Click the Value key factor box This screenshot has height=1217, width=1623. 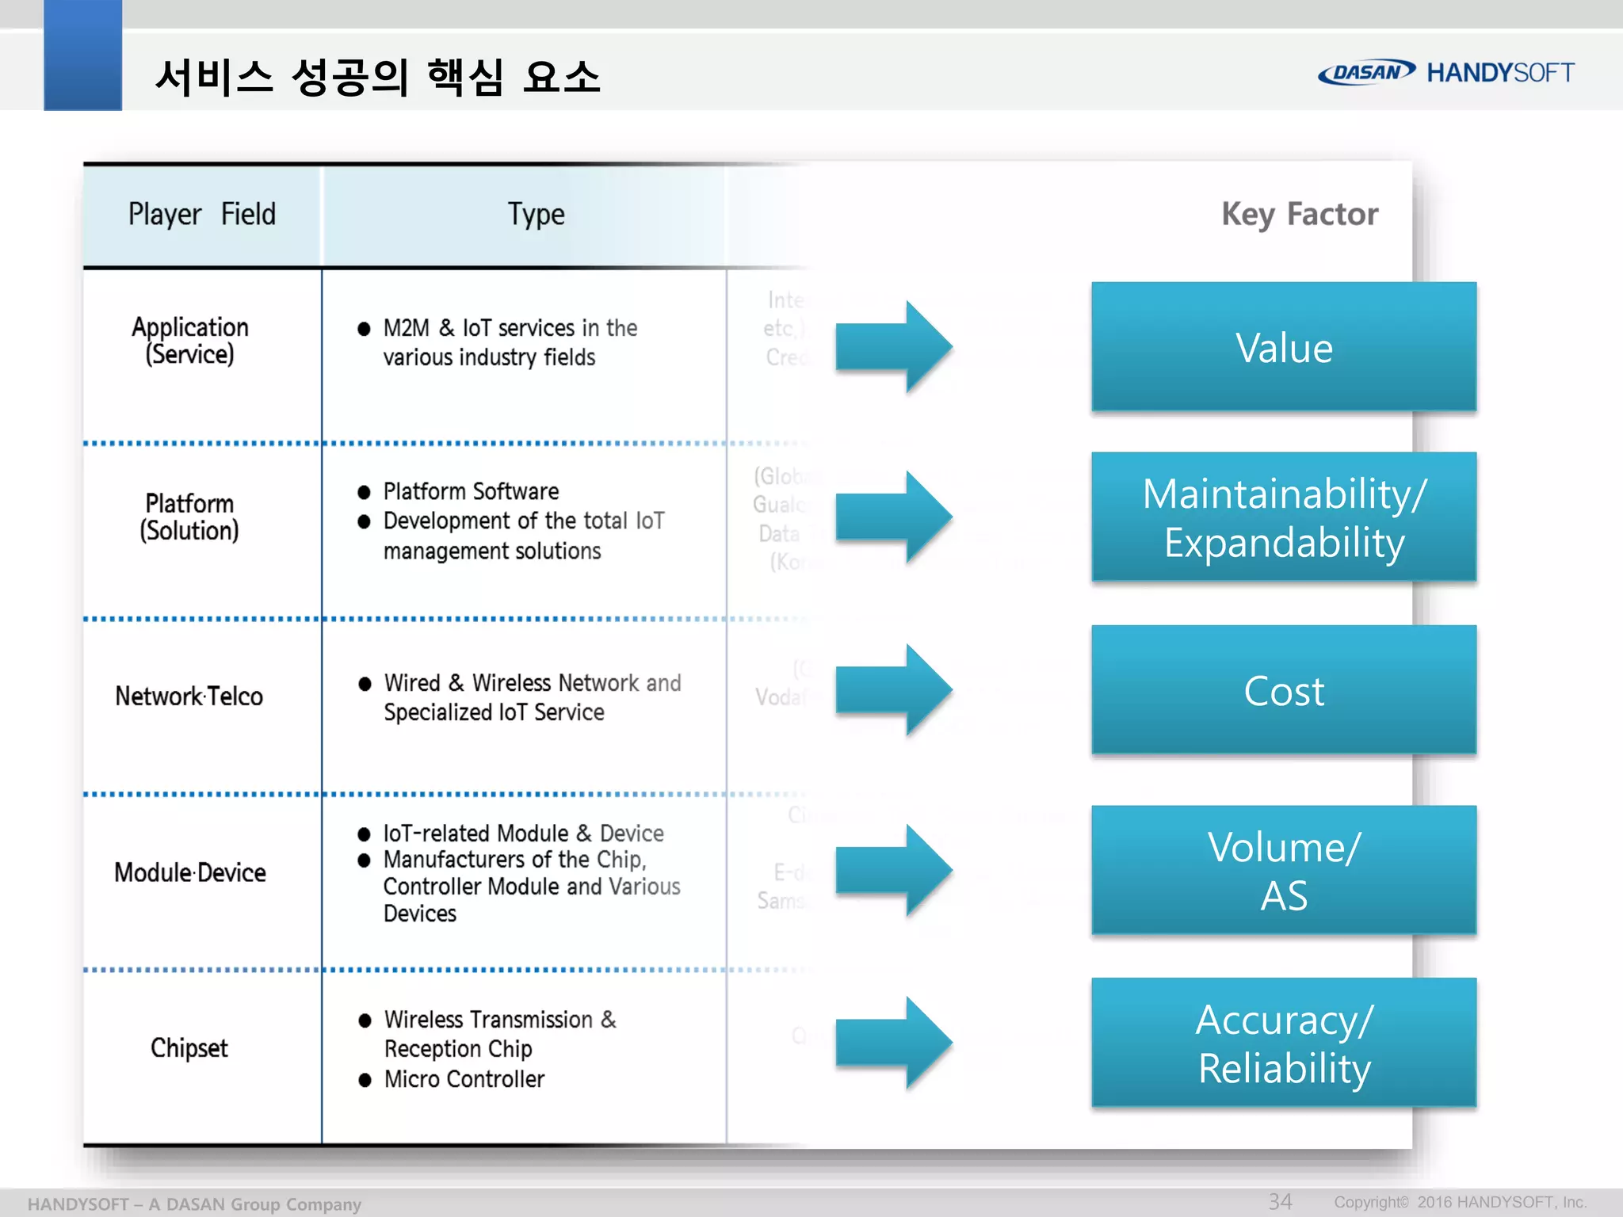[x=1283, y=347]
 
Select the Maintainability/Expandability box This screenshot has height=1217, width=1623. [x=1283, y=517]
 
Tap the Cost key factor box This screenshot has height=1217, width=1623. [x=1283, y=690]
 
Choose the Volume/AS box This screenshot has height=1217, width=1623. [x=1283, y=871]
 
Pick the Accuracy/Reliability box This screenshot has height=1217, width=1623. [x=1283, y=1043]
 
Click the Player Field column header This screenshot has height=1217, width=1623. [x=202, y=215]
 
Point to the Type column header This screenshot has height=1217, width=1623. [x=537, y=215]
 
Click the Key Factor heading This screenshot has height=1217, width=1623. [x=1299, y=215]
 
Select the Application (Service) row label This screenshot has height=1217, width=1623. [x=190, y=341]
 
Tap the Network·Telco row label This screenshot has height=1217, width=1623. [x=189, y=696]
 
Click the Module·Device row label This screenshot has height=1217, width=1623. [x=190, y=872]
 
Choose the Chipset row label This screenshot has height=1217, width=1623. [x=189, y=1048]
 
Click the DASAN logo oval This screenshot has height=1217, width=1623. [x=1366, y=72]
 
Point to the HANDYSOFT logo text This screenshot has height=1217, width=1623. [x=1500, y=73]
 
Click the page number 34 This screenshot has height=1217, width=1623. [x=1280, y=1201]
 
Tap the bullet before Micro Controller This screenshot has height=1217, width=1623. [x=365, y=1080]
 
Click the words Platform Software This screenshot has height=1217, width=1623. [x=471, y=491]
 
